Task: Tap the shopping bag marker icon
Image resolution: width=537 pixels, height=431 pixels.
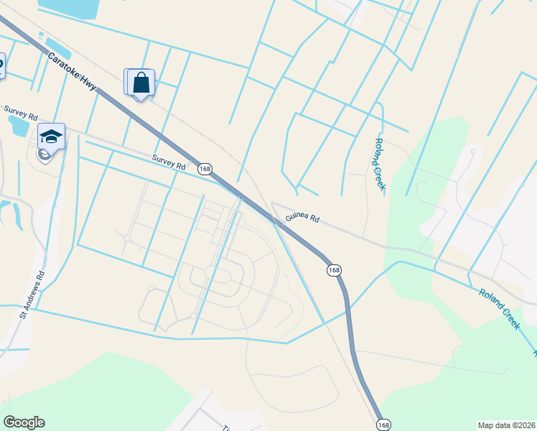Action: pyautogui.click(x=141, y=82)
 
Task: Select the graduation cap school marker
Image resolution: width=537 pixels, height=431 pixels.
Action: pyautogui.click(x=52, y=136)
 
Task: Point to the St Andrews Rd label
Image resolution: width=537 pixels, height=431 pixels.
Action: pyautogui.click(x=33, y=294)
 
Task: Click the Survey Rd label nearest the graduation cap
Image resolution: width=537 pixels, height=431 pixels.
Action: pyautogui.click(x=19, y=113)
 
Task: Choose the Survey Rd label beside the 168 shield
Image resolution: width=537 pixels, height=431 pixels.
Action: pyautogui.click(x=168, y=162)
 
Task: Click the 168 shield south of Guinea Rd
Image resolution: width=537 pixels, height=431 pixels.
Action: pyautogui.click(x=334, y=270)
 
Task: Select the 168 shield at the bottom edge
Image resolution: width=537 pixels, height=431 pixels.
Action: pyautogui.click(x=383, y=425)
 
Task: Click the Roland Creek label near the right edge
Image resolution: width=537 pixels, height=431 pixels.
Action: pyautogui.click(x=500, y=309)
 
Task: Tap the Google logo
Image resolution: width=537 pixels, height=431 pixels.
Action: pyautogui.click(x=24, y=422)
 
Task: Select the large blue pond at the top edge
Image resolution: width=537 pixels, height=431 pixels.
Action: pyautogui.click(x=69, y=7)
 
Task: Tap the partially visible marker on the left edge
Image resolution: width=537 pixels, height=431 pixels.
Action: pyautogui.click(x=1, y=66)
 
